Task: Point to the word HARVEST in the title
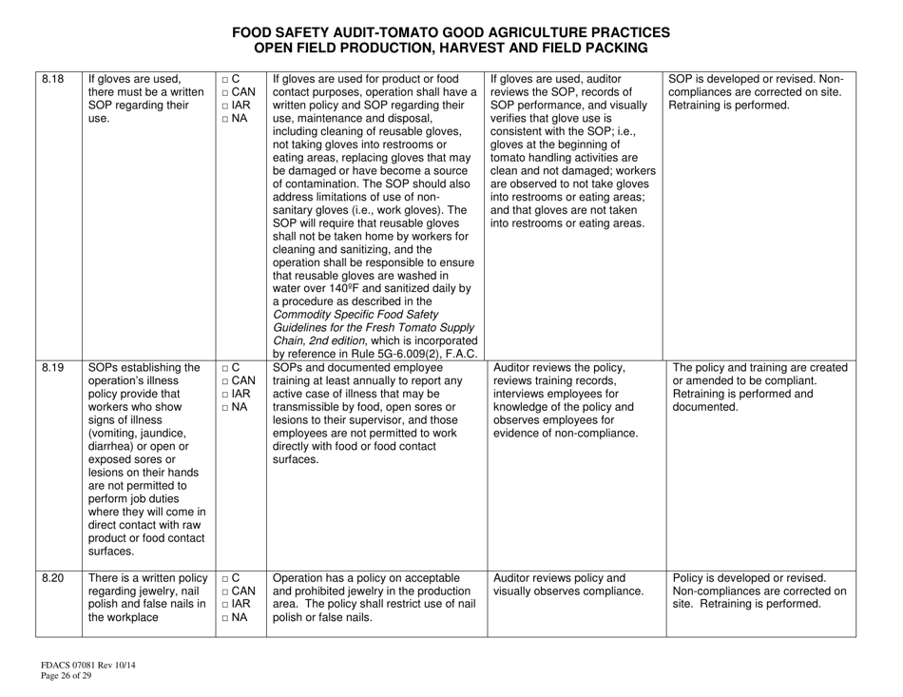click(x=501, y=47)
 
